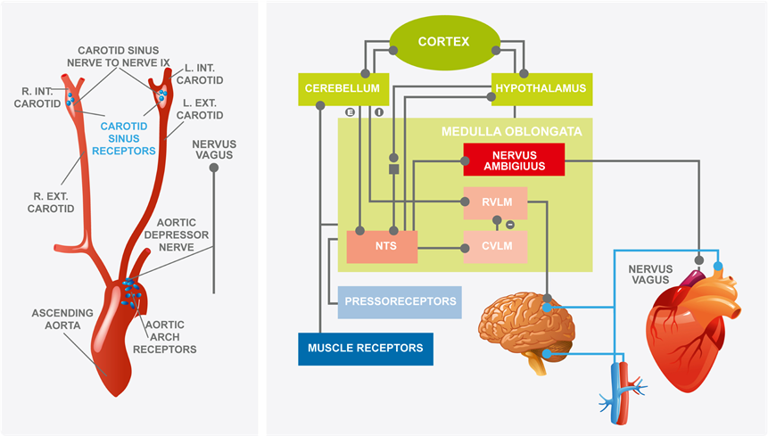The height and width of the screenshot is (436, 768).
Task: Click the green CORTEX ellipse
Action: click(x=443, y=42)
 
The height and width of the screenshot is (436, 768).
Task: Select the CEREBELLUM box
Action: click(x=342, y=88)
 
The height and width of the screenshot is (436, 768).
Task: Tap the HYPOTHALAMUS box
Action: click(x=542, y=88)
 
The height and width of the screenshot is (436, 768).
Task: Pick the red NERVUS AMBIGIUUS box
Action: click(x=514, y=159)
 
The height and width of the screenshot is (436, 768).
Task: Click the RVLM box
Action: click(x=495, y=203)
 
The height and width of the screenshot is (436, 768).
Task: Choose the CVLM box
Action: click(x=495, y=246)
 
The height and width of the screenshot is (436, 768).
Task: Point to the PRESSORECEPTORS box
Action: click(x=400, y=301)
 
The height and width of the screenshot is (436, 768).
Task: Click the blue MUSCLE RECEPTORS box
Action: click(x=366, y=348)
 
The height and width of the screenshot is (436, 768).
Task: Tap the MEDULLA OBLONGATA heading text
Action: click(x=511, y=131)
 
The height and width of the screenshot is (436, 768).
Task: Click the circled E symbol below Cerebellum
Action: click(x=351, y=112)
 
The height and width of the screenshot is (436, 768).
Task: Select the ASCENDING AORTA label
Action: click(x=59, y=320)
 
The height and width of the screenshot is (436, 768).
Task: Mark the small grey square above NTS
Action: click(x=392, y=168)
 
